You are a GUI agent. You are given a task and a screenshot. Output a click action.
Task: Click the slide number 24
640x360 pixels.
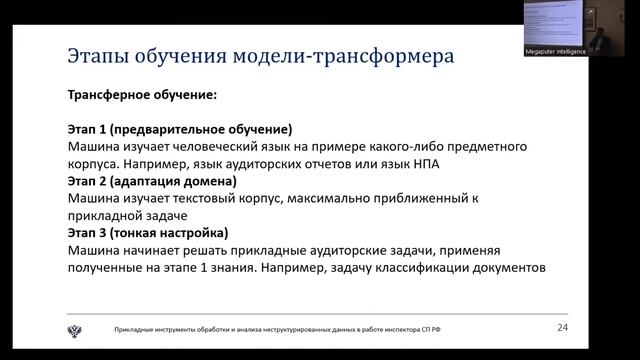562,327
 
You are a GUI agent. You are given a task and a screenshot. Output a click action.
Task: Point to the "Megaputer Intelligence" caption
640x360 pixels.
555,48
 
